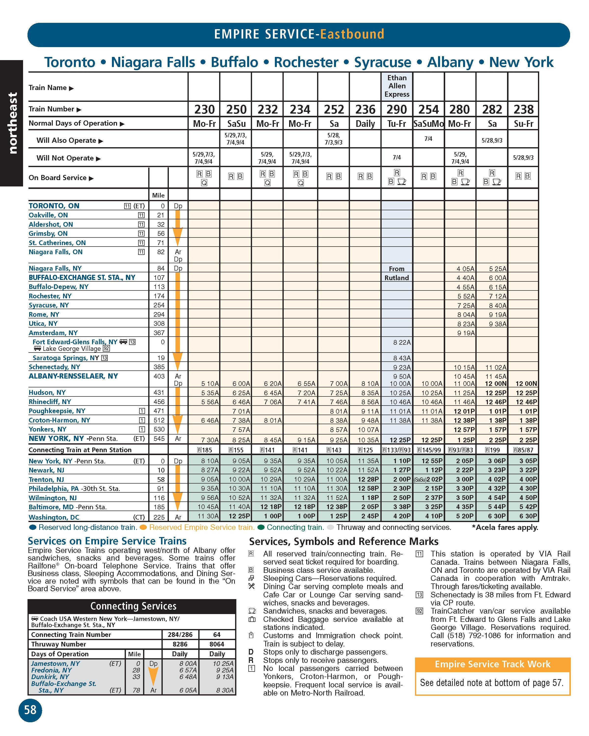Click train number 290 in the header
[396, 109]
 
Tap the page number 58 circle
[30, 710]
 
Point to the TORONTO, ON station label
[54, 206]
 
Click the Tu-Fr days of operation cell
[396, 124]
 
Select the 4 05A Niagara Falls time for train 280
[465, 269]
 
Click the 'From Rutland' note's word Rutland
[396, 278]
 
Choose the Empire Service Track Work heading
[492, 664]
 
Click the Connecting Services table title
[133, 606]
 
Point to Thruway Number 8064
[216, 644]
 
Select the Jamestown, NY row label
[55, 663]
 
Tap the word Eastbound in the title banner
[352, 34]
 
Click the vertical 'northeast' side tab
[12, 123]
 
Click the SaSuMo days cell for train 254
[428, 124]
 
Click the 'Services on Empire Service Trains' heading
[107, 541]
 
